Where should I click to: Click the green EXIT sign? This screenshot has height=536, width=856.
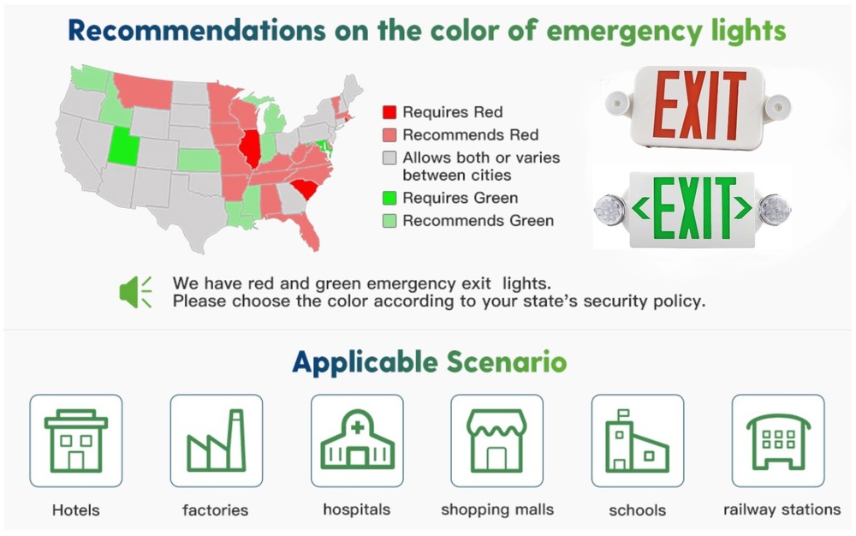point(693,207)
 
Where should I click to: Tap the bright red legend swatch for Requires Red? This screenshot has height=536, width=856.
point(389,112)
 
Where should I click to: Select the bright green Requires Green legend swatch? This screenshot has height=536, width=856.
point(389,199)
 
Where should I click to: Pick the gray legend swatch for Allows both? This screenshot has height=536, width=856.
point(389,158)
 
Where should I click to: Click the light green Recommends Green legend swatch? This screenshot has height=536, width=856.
point(389,221)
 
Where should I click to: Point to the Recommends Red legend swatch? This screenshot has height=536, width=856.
point(389,135)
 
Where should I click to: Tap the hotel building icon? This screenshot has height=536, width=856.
point(76,440)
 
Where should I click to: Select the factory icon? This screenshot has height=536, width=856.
point(217,440)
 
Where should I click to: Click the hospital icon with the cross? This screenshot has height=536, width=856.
point(357,440)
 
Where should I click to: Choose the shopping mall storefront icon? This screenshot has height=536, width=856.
point(496,440)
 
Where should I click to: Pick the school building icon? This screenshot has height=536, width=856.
point(637,440)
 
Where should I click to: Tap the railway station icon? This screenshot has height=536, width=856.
point(777,440)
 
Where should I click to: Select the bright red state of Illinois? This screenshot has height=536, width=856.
point(250,148)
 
